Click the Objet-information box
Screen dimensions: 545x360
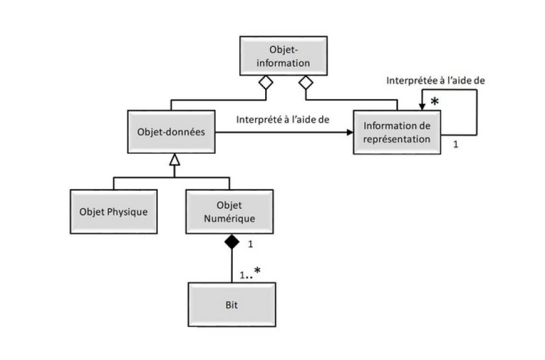(x=283, y=56)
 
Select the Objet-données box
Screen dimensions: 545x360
(x=172, y=132)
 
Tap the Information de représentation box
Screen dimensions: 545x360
(x=397, y=132)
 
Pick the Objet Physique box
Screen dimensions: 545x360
(x=114, y=211)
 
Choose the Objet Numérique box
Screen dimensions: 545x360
(x=229, y=211)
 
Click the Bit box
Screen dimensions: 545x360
(x=232, y=305)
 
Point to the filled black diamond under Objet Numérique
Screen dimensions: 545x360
(x=232, y=242)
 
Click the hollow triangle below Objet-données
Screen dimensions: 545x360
(x=175, y=159)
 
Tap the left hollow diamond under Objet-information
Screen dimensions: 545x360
(x=266, y=82)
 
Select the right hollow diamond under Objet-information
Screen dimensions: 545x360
(x=306, y=82)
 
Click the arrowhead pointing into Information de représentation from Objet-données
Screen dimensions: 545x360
(x=350, y=132)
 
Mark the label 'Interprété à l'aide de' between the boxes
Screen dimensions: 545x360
(x=282, y=120)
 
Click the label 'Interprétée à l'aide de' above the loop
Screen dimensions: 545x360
(x=435, y=81)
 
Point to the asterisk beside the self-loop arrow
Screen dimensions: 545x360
(x=435, y=102)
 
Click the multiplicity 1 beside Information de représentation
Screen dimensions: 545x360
(x=456, y=144)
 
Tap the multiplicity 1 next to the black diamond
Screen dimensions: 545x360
(x=250, y=244)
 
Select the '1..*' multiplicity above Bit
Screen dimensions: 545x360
(x=250, y=273)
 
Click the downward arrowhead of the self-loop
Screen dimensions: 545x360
(x=422, y=107)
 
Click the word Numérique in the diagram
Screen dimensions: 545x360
(x=229, y=219)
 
